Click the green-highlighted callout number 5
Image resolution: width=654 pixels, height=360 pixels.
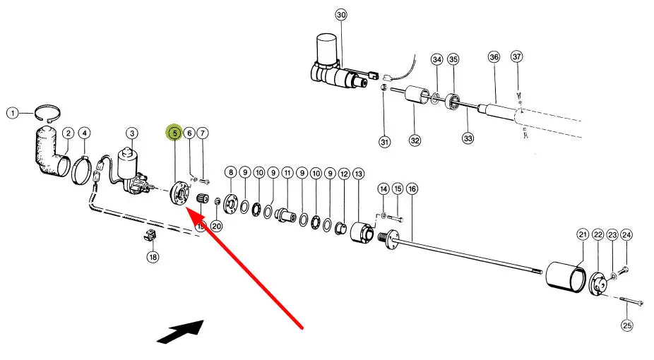point(174,132)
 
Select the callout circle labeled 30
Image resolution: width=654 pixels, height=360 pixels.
point(341,15)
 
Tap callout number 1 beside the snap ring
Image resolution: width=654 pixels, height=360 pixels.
point(11,112)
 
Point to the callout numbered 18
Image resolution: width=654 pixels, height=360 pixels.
point(153,258)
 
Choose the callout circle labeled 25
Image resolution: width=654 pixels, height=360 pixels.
point(627,325)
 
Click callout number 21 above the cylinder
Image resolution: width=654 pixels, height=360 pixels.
point(583,234)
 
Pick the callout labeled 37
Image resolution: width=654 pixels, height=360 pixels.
point(516,56)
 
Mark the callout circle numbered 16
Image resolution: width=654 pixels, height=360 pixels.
point(412,188)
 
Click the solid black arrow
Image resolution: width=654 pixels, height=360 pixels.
point(180,330)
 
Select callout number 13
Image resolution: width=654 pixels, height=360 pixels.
point(358,174)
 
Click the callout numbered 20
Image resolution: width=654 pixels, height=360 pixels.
point(216,226)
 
